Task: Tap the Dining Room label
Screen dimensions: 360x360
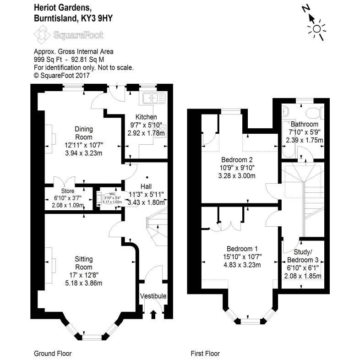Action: (x=84, y=133)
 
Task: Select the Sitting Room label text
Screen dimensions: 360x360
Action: (x=84, y=263)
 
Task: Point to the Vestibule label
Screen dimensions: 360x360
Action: (x=153, y=296)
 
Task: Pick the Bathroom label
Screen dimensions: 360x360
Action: (x=304, y=124)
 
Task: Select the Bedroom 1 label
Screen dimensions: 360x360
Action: (x=237, y=249)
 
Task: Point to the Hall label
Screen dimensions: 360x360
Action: (x=146, y=186)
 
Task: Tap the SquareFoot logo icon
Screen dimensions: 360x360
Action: (x=43, y=34)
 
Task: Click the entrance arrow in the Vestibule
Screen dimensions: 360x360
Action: (x=153, y=314)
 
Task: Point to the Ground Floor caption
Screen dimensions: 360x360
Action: (x=53, y=354)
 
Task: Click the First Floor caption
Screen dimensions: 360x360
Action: (x=205, y=354)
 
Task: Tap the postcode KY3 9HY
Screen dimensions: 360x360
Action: (x=98, y=19)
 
